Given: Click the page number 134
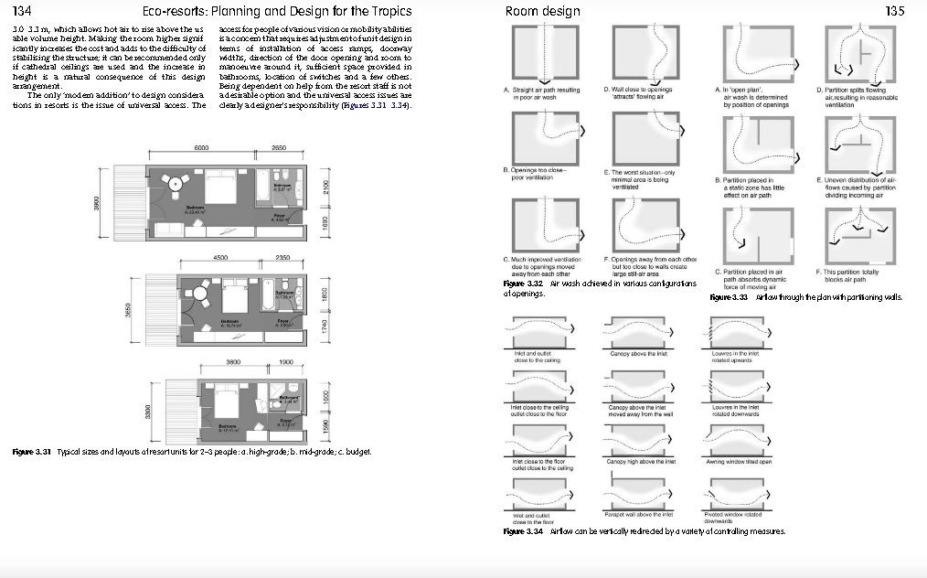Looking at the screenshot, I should [x=19, y=11].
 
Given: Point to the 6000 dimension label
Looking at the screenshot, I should [x=201, y=148].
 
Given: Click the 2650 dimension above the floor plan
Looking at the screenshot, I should [x=280, y=148].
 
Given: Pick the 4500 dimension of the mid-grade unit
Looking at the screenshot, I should [x=220, y=258].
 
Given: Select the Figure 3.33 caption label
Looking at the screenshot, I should [x=729, y=297].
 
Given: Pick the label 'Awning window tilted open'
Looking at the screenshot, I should [x=740, y=462].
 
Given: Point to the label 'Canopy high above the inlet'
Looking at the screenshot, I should [x=641, y=462].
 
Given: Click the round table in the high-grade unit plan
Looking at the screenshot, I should [x=175, y=183].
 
